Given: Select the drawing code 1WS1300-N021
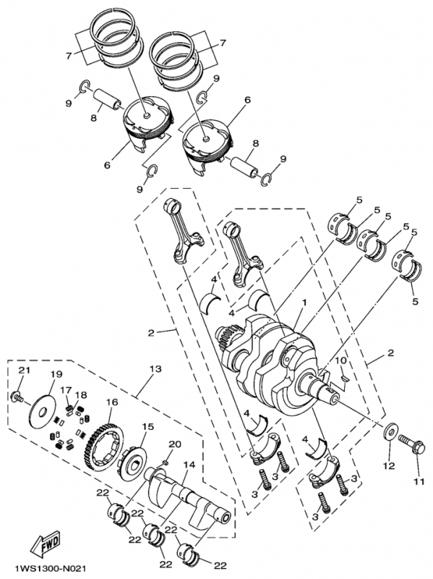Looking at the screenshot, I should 43,570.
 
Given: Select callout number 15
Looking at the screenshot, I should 147,426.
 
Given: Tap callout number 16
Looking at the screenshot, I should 112,402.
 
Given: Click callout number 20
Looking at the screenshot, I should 173,443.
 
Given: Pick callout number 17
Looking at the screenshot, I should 67,390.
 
